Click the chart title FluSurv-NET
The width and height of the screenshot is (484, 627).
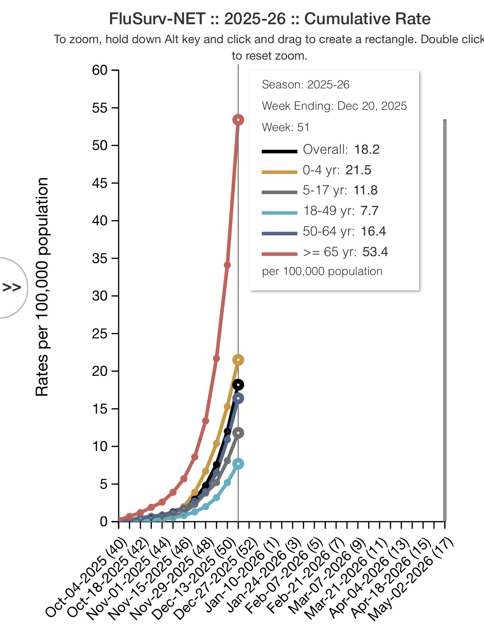[269, 19]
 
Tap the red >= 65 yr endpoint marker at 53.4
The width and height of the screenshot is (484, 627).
[238, 120]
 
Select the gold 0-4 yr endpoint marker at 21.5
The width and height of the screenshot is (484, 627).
[238, 360]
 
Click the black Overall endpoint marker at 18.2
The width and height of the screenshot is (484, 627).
[238, 385]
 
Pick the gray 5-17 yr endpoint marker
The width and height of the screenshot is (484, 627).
[238, 433]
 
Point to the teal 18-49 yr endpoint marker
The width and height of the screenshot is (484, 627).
[238, 464]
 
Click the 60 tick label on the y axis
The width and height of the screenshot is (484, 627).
[100, 70]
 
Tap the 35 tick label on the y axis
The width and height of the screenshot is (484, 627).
[100, 258]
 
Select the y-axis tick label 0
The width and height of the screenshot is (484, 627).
[103, 521]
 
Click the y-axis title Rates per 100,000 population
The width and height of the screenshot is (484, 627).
[42, 287]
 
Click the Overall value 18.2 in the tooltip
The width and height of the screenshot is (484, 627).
[367, 149]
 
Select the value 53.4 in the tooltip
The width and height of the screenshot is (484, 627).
[375, 252]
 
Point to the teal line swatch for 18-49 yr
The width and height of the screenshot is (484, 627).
[280, 213]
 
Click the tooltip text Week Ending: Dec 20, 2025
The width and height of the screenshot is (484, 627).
[334, 106]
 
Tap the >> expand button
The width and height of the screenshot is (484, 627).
[11, 287]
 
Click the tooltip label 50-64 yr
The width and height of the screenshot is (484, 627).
[328, 231]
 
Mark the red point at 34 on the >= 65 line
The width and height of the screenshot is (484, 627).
[227, 265]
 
